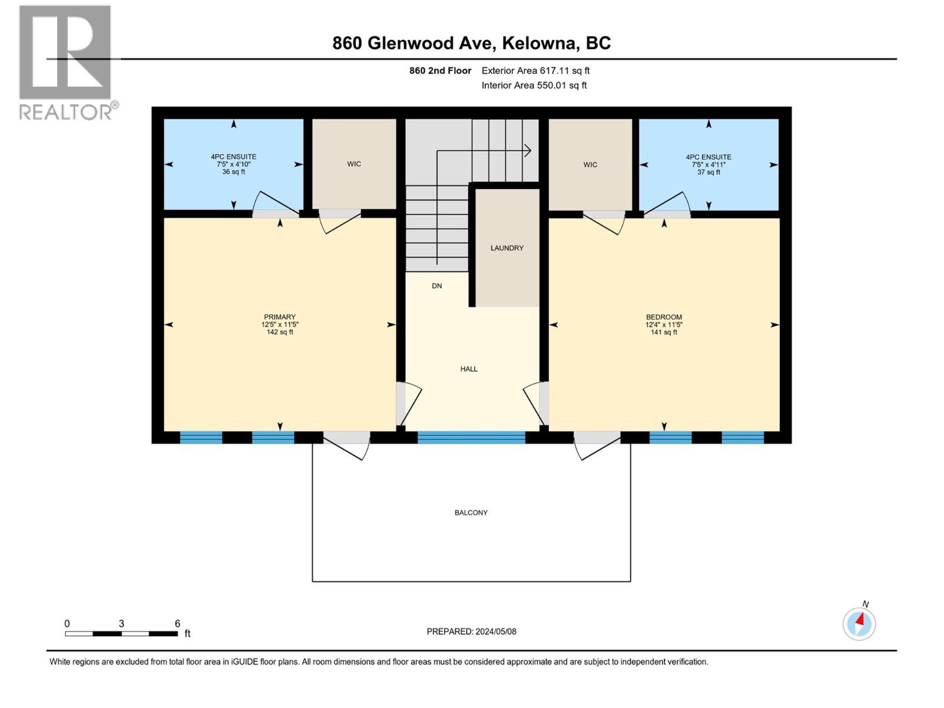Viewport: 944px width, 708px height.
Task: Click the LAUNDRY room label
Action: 507,248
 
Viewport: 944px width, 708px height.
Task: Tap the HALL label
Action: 469,369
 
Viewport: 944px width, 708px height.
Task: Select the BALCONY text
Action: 471,513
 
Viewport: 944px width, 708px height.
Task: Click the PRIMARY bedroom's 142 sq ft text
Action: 280,332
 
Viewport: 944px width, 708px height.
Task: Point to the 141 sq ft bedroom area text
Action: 664,332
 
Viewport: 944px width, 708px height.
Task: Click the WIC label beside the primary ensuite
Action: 354,164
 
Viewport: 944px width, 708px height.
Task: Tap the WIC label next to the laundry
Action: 590,165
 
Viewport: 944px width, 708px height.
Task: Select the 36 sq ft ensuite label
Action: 234,172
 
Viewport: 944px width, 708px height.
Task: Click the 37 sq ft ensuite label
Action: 709,172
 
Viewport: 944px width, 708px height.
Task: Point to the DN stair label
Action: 437,286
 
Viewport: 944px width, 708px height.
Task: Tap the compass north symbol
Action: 859,623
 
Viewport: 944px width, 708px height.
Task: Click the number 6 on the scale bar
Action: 177,624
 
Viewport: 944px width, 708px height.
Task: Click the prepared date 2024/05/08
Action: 496,631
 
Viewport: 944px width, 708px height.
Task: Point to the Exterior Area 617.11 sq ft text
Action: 535,71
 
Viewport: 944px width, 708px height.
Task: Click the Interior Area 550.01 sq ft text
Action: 534,86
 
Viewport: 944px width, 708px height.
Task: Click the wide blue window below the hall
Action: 471,437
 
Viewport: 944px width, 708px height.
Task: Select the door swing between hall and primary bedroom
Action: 409,404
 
